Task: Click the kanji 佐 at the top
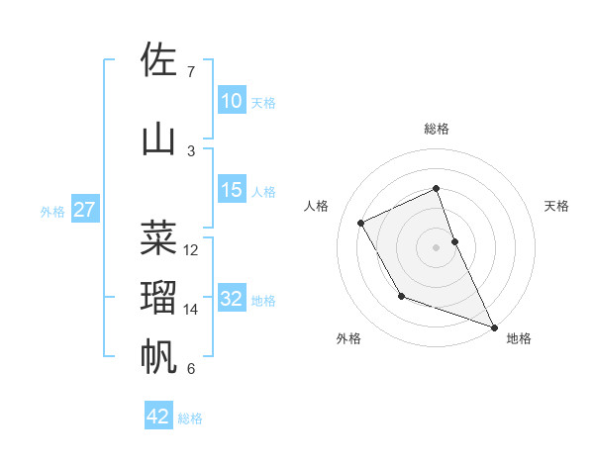click(x=159, y=60)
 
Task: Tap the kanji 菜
click(x=159, y=238)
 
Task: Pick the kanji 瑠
click(x=159, y=298)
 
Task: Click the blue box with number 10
click(x=231, y=101)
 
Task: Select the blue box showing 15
click(x=231, y=190)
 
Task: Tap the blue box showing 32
click(x=231, y=299)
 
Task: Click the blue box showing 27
click(x=84, y=210)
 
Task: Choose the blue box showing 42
click(x=158, y=417)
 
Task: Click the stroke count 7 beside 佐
click(x=191, y=72)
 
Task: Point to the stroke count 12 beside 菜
click(x=192, y=250)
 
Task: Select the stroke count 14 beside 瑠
click(x=192, y=310)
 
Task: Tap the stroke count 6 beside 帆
click(x=191, y=369)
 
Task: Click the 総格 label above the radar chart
click(x=437, y=129)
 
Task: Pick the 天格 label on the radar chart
click(x=557, y=206)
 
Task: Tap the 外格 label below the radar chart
click(x=348, y=338)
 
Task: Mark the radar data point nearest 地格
click(x=495, y=327)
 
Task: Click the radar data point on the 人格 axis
click(x=361, y=223)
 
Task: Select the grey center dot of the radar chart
click(x=437, y=246)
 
